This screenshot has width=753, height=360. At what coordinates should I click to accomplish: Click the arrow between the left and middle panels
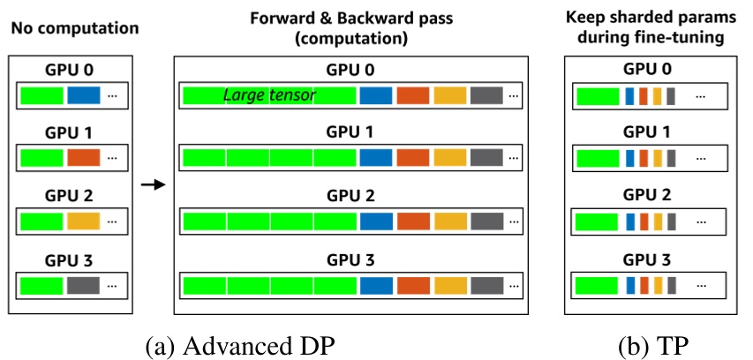[153, 184]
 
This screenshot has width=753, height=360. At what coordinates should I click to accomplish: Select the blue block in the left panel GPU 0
[84, 94]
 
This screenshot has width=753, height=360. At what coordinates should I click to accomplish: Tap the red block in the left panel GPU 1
[84, 159]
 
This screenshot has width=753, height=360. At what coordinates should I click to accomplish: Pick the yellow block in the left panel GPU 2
[84, 222]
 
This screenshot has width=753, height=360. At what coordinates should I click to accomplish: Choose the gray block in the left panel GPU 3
[84, 286]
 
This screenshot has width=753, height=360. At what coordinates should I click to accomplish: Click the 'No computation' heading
[74, 27]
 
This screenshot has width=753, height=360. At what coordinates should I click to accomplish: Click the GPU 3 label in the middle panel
[351, 260]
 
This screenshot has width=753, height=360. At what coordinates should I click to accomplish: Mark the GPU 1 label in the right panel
[647, 132]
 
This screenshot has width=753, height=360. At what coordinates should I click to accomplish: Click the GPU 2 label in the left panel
[69, 197]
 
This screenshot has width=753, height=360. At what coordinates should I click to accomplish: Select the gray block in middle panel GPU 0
[486, 94]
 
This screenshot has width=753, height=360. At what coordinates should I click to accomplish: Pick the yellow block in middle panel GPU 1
[449, 159]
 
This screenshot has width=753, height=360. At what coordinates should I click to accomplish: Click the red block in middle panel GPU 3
[412, 286]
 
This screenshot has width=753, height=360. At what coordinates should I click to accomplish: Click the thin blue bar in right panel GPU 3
[629, 286]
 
